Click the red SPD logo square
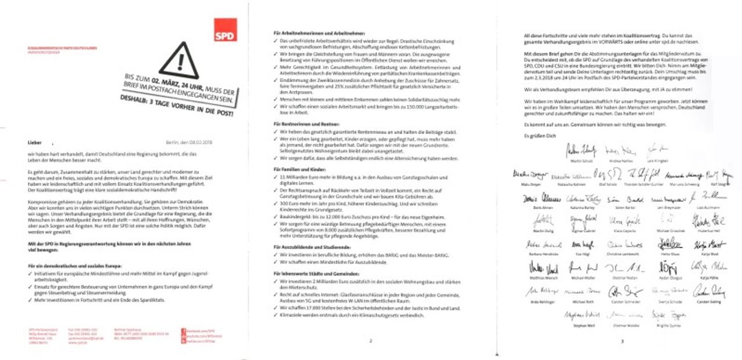pos(225,30)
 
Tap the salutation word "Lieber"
pos(35,141)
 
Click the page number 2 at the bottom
pos(370,340)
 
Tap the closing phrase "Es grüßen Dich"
pos(535,135)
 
